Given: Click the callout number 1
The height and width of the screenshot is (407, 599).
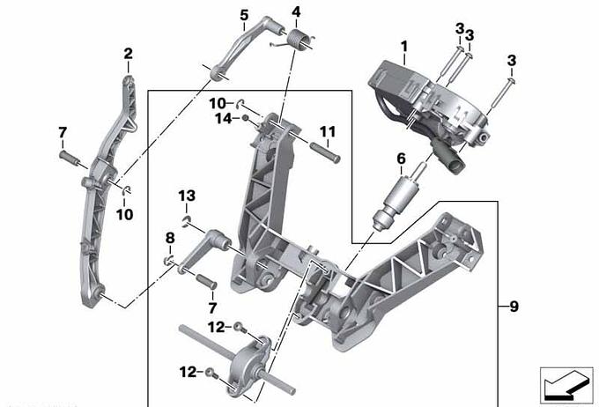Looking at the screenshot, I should coord(403,44).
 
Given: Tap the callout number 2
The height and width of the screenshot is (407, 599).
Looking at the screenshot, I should coord(128,55).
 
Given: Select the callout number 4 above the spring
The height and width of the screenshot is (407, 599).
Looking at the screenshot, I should coord(296,12).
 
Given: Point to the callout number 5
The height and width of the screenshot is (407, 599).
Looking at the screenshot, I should coord(243,15).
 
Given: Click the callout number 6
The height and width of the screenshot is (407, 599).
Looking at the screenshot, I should coord(401,159).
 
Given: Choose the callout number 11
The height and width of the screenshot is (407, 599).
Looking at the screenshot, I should coord(328,133).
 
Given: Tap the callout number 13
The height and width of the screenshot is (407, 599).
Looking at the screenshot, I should coord(187,195).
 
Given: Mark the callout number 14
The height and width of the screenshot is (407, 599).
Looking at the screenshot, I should coord(222,118).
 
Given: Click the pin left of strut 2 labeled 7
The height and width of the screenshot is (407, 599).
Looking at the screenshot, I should coord(70,159).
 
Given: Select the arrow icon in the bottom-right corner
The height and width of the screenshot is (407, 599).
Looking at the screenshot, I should coord(564,383).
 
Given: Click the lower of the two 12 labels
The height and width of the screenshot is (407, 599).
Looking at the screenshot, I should coord(188,372).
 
